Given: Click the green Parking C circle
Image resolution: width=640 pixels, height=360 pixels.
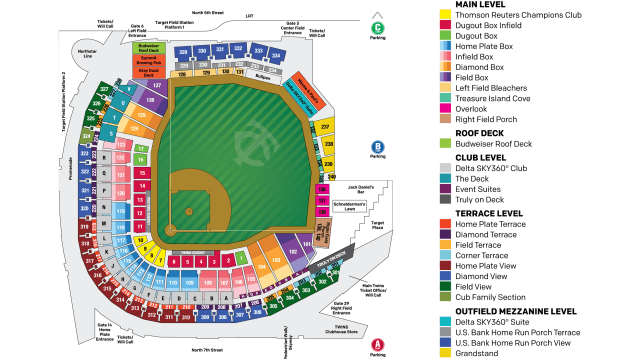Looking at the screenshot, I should [x=377, y=27].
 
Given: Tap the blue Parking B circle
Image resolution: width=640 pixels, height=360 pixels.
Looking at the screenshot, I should [x=377, y=145].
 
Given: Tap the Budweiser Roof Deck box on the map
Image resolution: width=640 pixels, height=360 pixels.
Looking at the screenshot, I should [x=148, y=47].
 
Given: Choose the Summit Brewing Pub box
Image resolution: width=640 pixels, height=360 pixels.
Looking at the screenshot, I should [x=148, y=60].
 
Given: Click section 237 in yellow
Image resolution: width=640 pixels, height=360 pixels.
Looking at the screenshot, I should [x=324, y=127].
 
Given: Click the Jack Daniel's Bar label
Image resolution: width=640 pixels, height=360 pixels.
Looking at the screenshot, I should [x=361, y=188].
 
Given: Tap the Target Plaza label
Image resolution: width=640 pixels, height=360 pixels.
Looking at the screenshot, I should [x=377, y=227].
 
